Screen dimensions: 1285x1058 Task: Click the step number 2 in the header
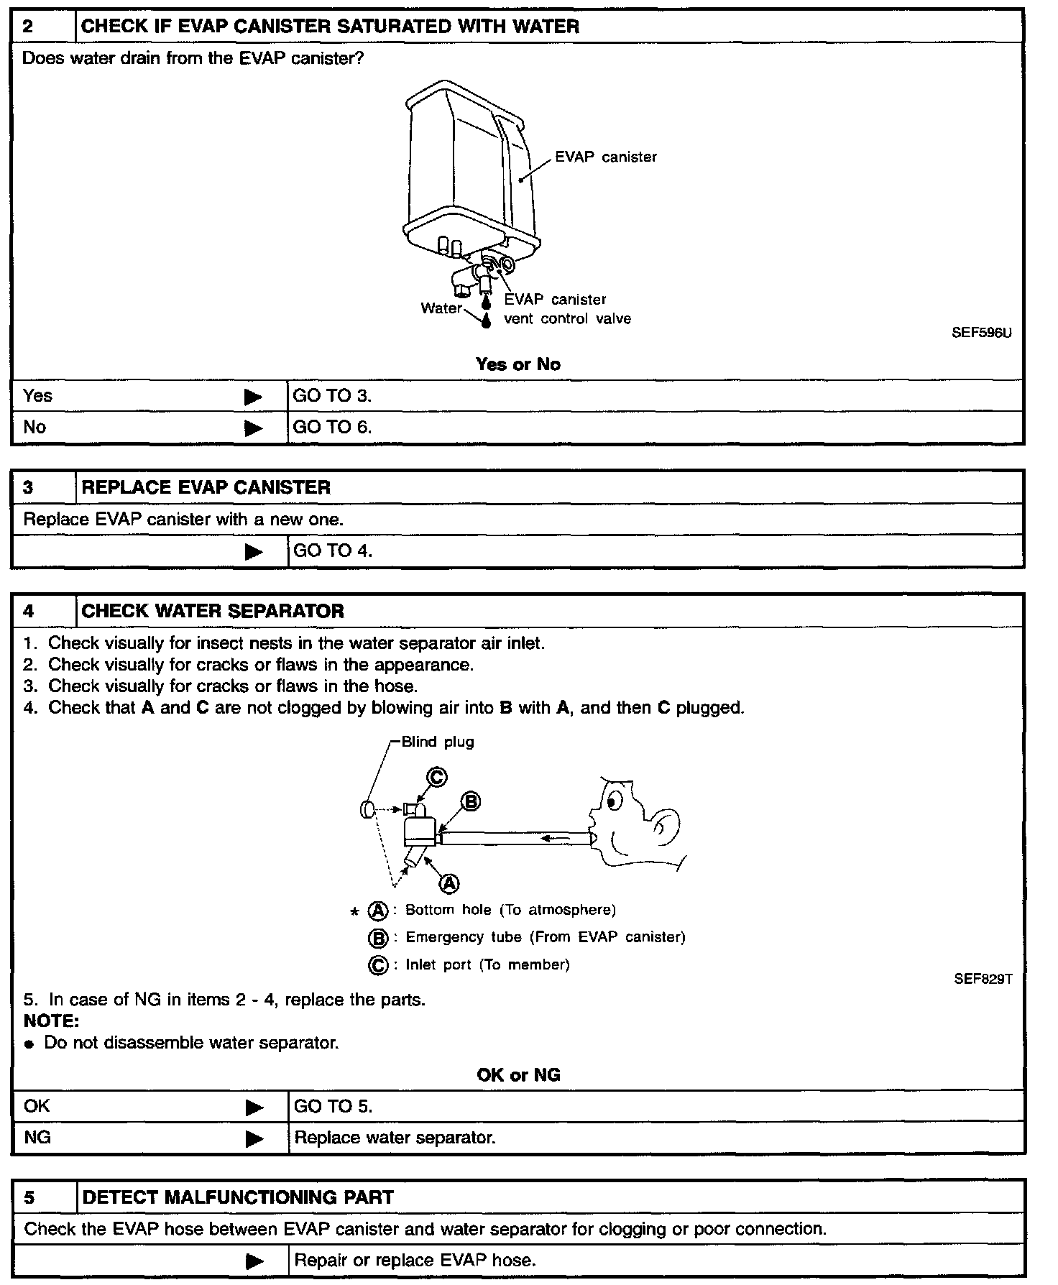pos(28,27)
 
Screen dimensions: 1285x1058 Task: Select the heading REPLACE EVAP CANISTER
pos(206,487)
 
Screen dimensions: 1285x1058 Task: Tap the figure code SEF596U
pos(981,333)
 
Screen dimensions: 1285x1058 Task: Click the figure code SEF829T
pos(983,979)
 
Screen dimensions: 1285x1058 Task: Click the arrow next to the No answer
pos(253,428)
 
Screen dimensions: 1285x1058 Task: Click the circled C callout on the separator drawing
pos(437,777)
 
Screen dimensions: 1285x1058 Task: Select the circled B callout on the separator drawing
pos(470,801)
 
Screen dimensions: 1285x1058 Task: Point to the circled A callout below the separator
pos(449,883)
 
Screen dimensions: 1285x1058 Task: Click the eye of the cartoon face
pos(613,798)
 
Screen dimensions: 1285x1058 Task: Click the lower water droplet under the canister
pos(487,321)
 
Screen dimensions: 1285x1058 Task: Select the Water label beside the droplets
pos(441,308)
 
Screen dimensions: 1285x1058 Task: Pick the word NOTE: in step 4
pos(51,1021)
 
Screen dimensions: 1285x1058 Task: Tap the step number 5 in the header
pos(29,1197)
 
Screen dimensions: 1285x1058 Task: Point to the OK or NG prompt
pos(518,1075)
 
